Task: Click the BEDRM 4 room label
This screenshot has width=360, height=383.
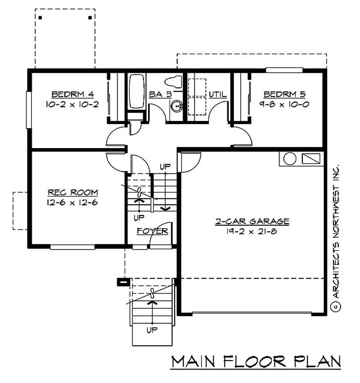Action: [72, 95]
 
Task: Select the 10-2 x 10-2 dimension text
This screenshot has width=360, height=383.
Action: [72, 104]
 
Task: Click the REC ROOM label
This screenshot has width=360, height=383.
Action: [72, 193]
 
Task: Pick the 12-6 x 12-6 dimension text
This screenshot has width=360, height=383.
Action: [72, 202]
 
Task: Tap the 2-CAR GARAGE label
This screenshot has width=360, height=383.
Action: [252, 221]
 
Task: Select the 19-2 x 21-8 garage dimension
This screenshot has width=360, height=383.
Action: [252, 231]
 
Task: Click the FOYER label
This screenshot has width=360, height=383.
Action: [153, 231]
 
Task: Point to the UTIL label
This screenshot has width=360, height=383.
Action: [217, 95]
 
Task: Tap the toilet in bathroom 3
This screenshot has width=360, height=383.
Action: [173, 82]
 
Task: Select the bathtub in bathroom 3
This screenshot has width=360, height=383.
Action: [137, 91]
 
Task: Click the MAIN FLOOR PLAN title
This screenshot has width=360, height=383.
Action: [256, 362]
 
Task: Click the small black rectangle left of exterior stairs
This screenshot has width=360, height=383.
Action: [123, 282]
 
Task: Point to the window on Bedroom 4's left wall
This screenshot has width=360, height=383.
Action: [29, 110]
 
